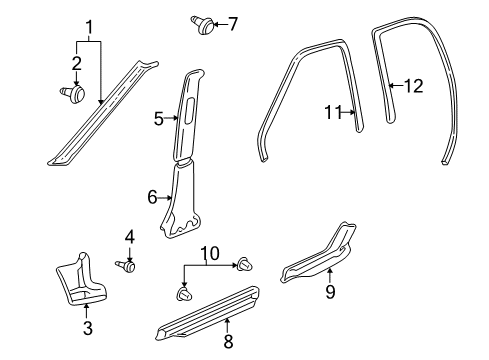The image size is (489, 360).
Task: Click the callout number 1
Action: tap(89, 26)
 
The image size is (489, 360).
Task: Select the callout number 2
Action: tap(74, 65)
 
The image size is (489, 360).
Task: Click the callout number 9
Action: tap(330, 293)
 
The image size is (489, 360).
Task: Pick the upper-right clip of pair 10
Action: tap(243, 264)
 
